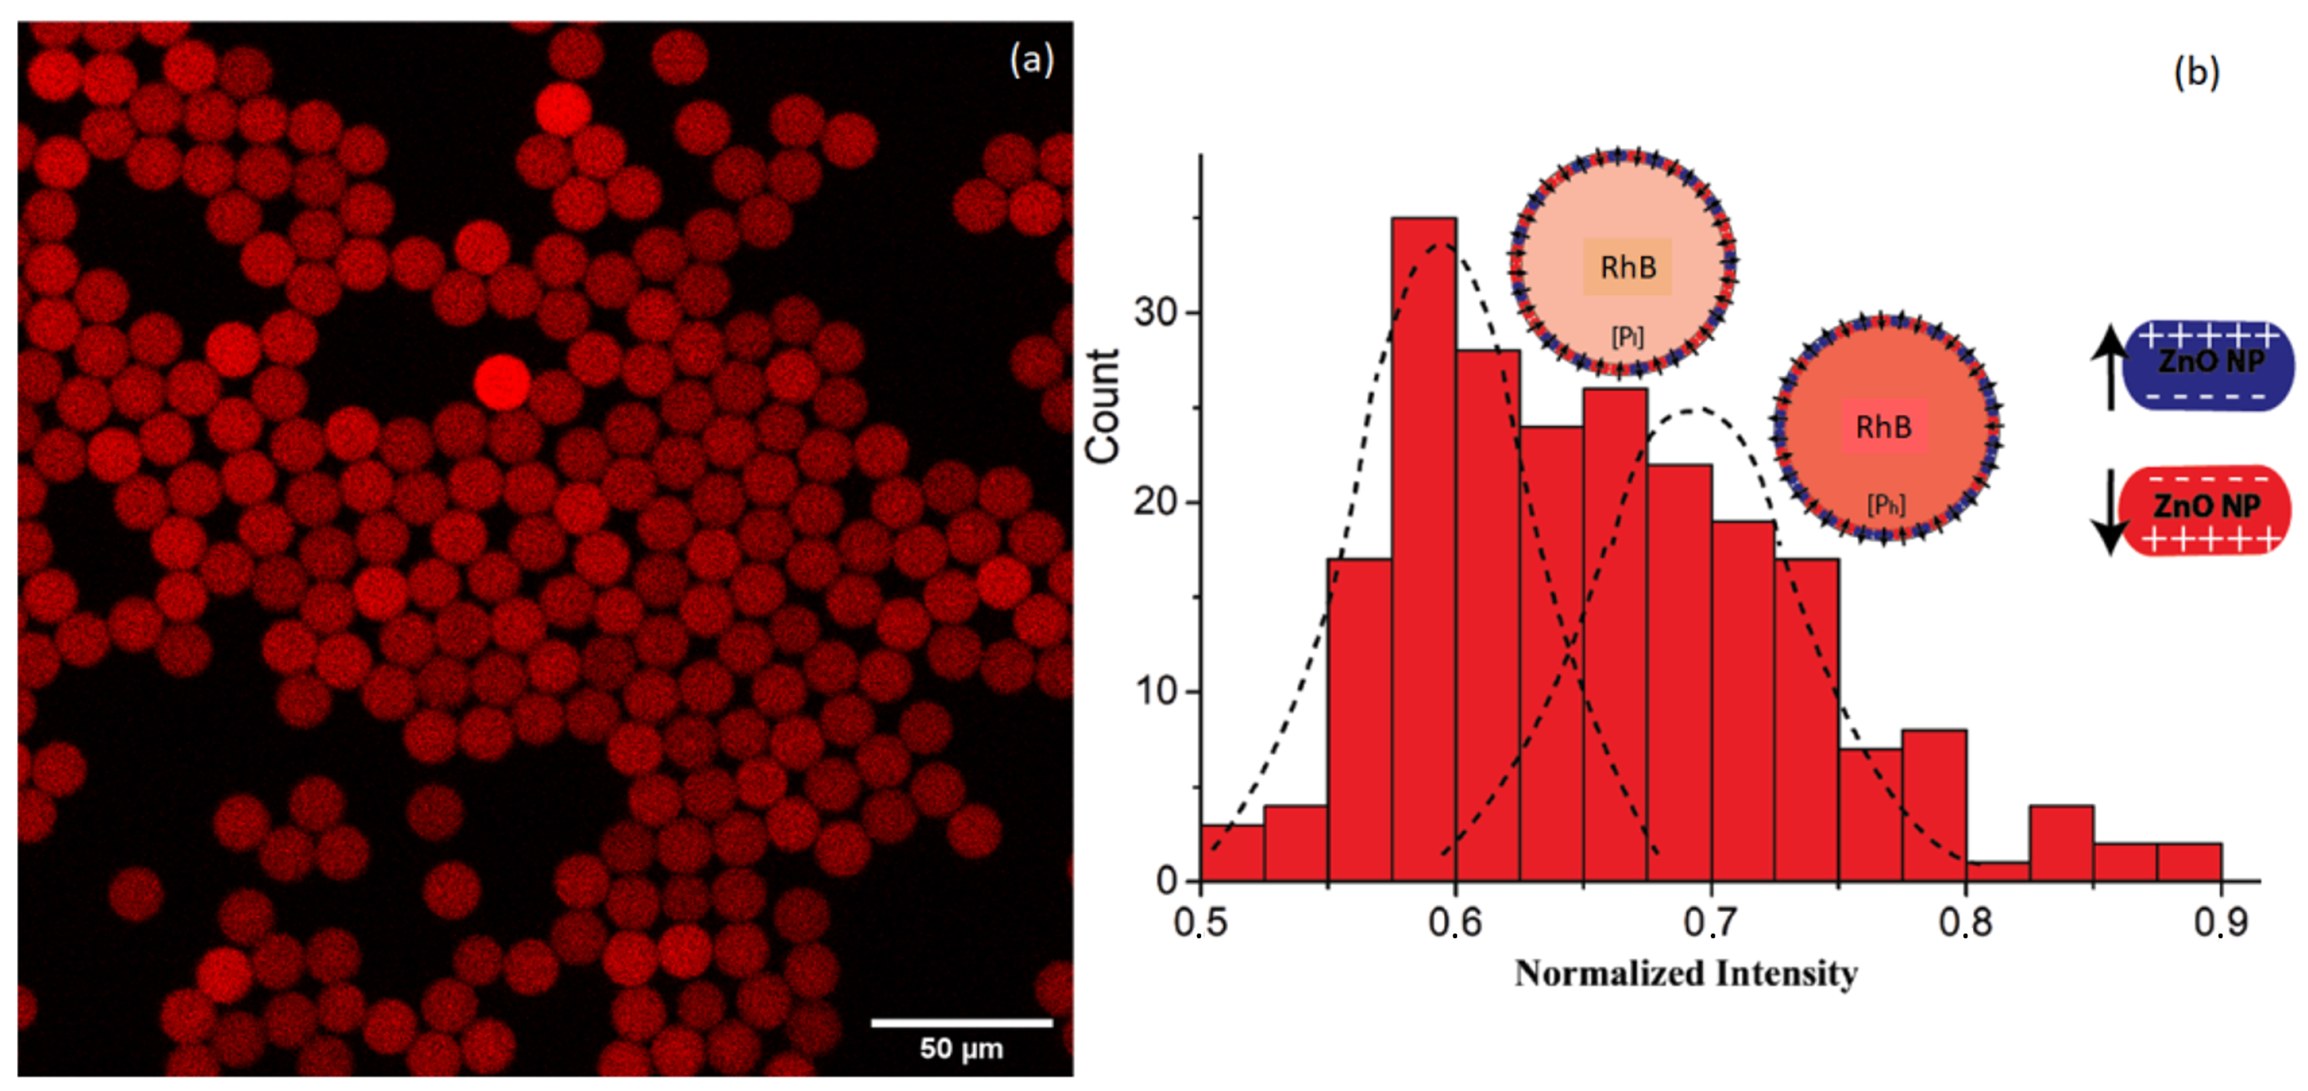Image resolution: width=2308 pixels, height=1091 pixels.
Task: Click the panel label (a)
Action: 1031,61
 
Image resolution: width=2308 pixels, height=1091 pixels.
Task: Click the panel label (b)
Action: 2196,72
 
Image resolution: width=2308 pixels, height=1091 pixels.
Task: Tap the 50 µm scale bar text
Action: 961,1048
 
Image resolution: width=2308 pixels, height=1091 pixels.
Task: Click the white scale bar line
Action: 961,1022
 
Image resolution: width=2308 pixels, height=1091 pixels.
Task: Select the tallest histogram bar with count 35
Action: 1424,537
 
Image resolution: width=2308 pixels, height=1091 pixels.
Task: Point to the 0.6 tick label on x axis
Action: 1455,923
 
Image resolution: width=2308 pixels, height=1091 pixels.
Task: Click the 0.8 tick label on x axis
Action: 1965,923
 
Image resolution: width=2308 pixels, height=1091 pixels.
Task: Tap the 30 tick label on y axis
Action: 1155,312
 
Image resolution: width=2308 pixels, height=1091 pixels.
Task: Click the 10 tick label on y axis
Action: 1155,691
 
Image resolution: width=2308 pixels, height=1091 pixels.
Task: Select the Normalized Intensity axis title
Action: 1685,974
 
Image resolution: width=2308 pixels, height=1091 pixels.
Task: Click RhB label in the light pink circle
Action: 1627,267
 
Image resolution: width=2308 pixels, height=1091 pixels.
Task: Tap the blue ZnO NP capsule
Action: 2209,365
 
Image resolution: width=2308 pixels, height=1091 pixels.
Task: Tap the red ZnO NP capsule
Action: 2205,509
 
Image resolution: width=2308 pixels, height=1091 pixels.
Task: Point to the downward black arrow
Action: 2110,511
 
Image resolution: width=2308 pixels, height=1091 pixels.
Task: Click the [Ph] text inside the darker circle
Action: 1885,504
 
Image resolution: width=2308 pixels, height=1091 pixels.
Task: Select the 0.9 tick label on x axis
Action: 2219,923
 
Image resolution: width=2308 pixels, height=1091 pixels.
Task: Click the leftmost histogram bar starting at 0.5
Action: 1232,853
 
